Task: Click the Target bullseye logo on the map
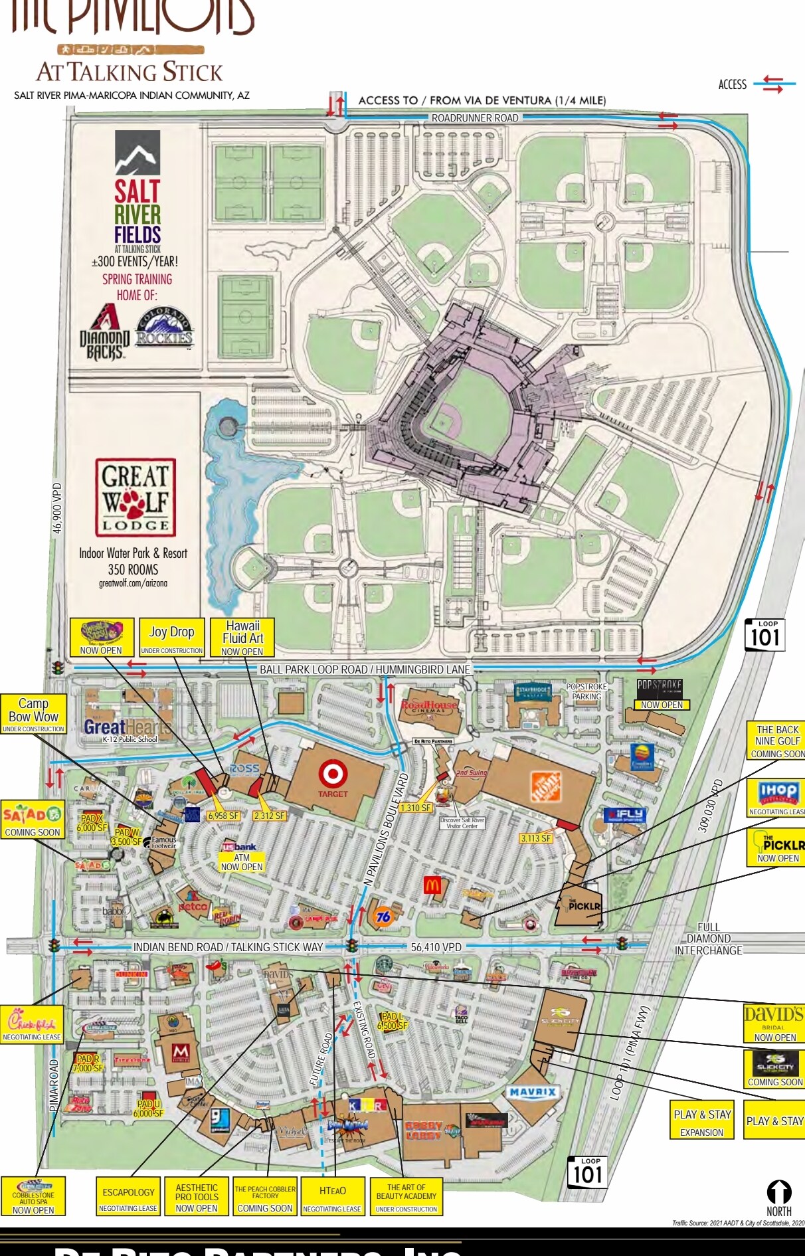pyautogui.click(x=332, y=774)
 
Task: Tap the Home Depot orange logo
pyautogui.click(x=545, y=787)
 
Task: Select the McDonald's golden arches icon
pyautogui.click(x=432, y=885)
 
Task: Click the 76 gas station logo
pyautogui.click(x=383, y=917)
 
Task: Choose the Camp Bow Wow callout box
pyautogui.click(x=33, y=714)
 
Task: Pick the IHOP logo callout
pyautogui.click(x=777, y=797)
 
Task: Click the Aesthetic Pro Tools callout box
pyautogui.click(x=197, y=1196)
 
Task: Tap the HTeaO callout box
pyautogui.click(x=332, y=1196)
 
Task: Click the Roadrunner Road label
pyautogui.click(x=475, y=118)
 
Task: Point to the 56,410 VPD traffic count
pyautogui.click(x=436, y=947)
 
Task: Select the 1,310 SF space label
pyautogui.click(x=416, y=808)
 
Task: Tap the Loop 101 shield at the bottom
pyautogui.click(x=588, y=1172)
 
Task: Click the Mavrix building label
pyautogui.click(x=533, y=1092)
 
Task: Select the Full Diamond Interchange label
pyautogui.click(x=708, y=939)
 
